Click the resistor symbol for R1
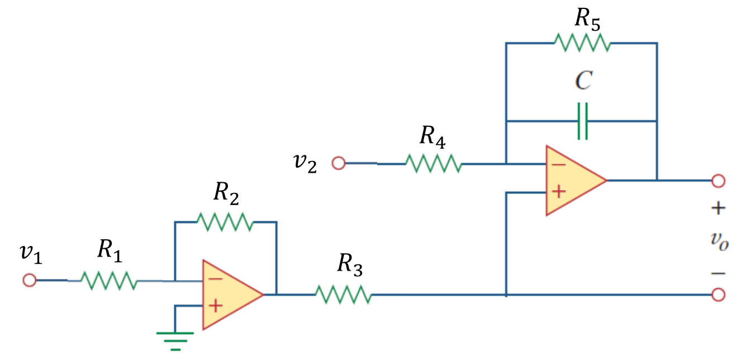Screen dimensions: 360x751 pos(109,281)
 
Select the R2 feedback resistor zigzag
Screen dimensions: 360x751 pos(225,222)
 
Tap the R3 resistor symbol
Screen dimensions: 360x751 pos(343,294)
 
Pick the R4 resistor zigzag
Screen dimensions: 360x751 pos(433,164)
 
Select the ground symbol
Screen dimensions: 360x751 pos(175,339)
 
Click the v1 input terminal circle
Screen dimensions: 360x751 pos(29,280)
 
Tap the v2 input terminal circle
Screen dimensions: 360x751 pos(338,163)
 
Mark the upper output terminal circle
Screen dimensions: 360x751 pos(719,181)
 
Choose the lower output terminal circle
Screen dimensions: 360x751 pos(719,294)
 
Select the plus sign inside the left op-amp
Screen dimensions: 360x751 pos(216,306)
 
